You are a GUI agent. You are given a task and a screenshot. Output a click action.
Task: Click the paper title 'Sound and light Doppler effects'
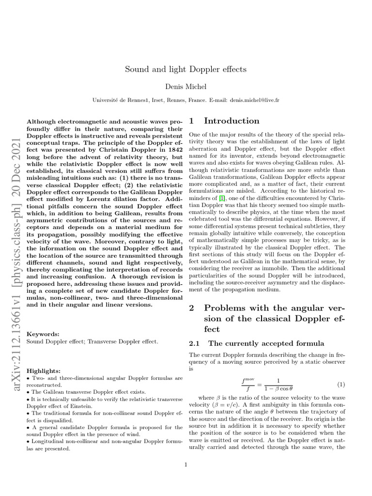coord(186,69)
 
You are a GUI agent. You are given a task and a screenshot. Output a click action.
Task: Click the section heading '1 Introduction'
coord(224,121)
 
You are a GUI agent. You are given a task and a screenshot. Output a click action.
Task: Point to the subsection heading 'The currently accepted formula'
coord(266,343)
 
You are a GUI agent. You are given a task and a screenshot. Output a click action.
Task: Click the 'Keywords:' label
coord(43,334)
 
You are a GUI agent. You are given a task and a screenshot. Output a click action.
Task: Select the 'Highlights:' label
coord(44,370)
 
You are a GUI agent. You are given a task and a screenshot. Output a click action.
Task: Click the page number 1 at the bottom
coord(186,465)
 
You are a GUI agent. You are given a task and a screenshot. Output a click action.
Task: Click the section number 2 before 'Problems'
coord(192,308)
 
